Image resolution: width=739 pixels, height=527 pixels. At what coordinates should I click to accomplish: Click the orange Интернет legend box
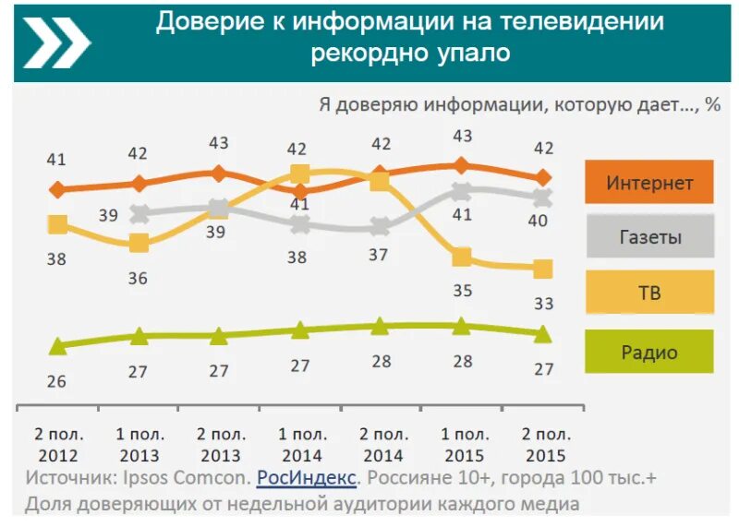point(648,182)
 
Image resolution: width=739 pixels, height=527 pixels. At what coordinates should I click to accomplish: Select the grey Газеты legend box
point(648,236)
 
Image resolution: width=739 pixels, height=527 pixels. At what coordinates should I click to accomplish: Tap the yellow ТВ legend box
point(648,293)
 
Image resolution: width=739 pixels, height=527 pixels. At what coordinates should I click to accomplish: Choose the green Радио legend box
point(648,352)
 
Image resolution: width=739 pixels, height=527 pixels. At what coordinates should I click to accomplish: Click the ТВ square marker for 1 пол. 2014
point(299,174)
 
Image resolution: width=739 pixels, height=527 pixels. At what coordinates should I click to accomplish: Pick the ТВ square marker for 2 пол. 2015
point(543,269)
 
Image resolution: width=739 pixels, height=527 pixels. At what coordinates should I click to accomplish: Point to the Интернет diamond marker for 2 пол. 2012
point(57,190)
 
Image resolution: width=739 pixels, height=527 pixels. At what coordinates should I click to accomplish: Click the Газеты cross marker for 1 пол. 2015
point(461,191)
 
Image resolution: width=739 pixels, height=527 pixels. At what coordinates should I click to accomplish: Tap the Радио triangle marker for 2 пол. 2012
point(57,346)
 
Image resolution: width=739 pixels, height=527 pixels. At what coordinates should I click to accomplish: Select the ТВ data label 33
point(543,303)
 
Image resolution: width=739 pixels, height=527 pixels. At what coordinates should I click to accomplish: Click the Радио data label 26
point(56,380)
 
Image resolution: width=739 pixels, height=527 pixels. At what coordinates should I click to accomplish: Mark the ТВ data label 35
point(462,291)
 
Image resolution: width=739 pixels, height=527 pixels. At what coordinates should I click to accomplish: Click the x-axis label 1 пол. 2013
point(139,445)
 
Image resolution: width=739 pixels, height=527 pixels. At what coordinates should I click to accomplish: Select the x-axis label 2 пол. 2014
point(382,445)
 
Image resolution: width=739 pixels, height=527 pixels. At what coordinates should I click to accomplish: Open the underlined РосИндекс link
point(306,478)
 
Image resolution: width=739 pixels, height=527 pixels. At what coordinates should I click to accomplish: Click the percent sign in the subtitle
point(712,104)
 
